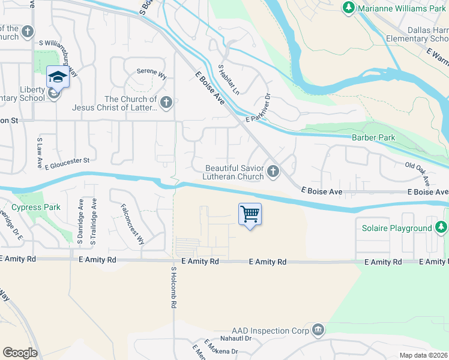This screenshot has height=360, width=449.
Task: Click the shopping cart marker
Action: point(250,214)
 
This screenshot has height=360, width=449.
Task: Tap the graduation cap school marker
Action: point(58,77)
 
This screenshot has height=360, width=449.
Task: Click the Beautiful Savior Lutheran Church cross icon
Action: point(273,172)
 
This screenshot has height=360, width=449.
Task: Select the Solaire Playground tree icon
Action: point(441,227)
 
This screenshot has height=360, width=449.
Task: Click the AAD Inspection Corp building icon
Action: point(318,331)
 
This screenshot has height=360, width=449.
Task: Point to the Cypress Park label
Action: point(37,208)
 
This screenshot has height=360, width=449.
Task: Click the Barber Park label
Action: point(373,137)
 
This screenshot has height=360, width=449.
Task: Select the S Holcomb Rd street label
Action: point(173,287)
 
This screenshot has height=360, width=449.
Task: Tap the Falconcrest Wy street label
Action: point(133,224)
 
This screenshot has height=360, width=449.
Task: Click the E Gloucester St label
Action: point(67,162)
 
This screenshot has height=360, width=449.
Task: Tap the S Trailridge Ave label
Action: point(94,221)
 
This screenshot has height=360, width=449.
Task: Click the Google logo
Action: point(20,353)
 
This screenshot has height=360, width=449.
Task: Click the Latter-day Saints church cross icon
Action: point(166,103)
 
